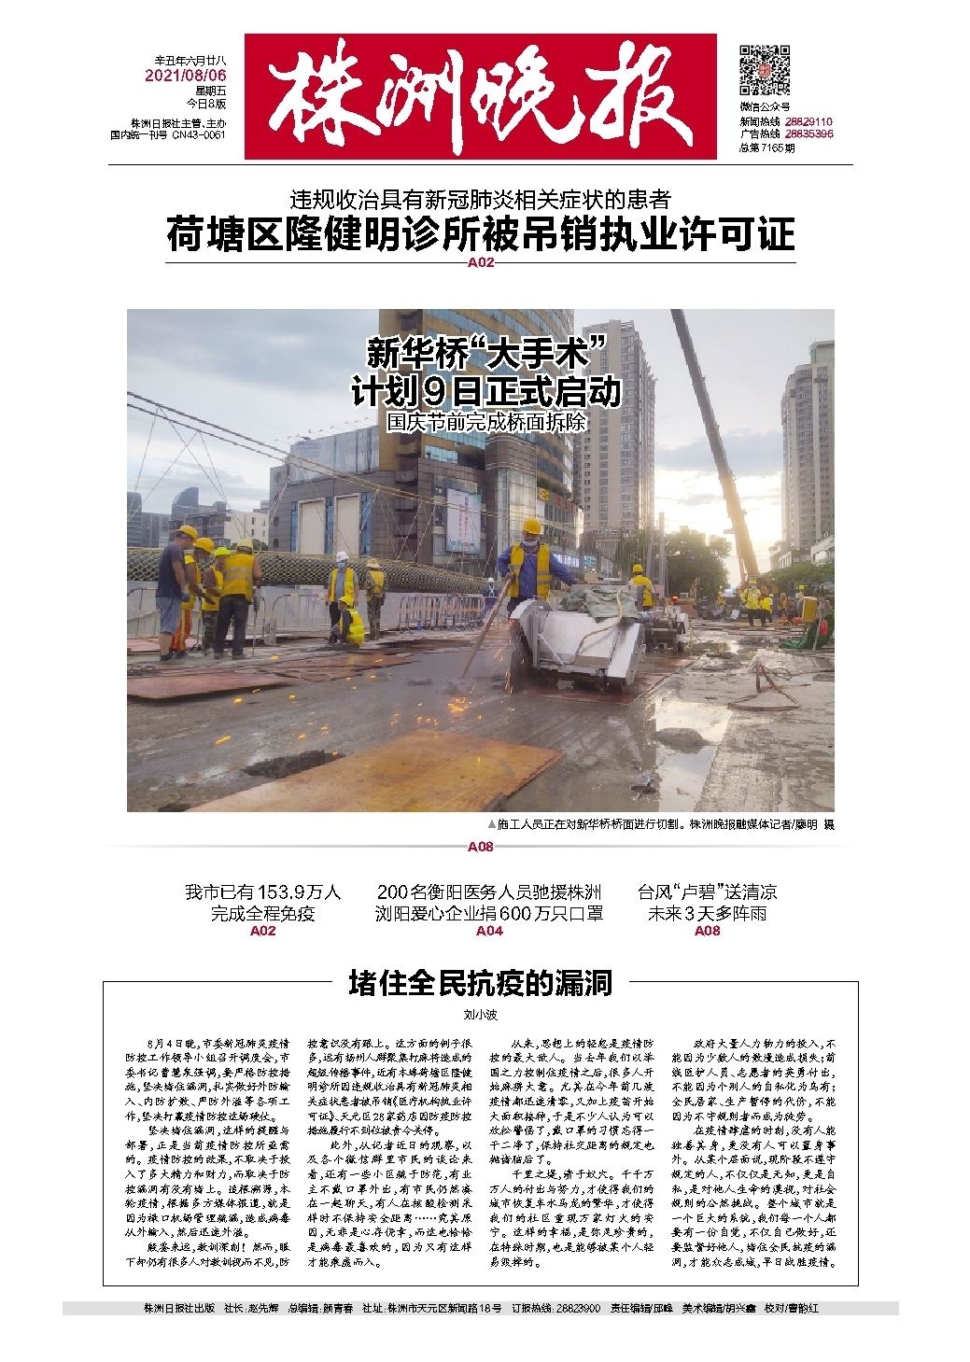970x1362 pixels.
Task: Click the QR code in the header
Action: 765,68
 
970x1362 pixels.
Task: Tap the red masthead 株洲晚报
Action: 481,97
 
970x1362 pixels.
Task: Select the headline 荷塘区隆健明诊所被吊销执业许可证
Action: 481,233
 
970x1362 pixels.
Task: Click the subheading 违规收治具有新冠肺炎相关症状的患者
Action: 480,199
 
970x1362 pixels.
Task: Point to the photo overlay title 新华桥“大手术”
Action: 486,354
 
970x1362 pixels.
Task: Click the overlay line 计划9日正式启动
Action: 485,391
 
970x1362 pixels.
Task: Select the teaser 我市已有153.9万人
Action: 262,892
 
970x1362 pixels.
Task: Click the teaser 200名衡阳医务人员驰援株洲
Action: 490,892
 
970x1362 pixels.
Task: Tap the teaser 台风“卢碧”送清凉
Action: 707,892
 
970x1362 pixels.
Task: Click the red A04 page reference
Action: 490,931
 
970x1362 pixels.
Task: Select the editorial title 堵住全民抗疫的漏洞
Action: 480,983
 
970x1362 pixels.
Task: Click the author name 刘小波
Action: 480,1011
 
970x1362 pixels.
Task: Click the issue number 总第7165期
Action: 766,147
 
